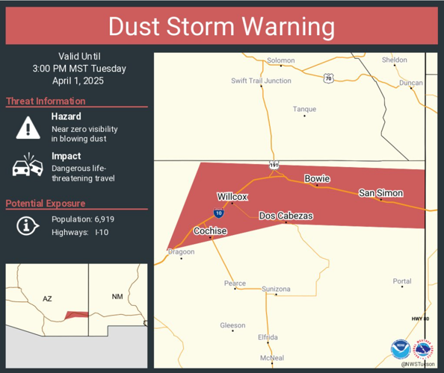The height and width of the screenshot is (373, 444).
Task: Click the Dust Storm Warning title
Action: pyautogui.click(x=221, y=26)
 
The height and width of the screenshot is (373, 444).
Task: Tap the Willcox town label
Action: pyautogui.click(x=232, y=196)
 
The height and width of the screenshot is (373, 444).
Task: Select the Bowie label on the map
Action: pyautogui.click(x=317, y=178)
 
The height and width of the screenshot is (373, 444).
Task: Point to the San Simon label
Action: pyautogui.click(x=380, y=193)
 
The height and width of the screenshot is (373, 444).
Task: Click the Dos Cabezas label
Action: pyautogui.click(x=286, y=216)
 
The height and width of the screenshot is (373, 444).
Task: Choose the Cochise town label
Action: pyautogui.click(x=210, y=231)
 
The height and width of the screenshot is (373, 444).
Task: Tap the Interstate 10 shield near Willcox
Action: pyautogui.click(x=218, y=213)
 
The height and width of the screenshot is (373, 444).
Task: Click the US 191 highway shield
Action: pyautogui.click(x=275, y=164)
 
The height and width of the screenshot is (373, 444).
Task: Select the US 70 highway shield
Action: pyautogui.click(x=328, y=77)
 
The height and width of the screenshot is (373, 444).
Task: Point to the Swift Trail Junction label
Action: pyautogui.click(x=261, y=81)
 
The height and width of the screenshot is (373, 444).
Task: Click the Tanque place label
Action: pyautogui.click(x=304, y=109)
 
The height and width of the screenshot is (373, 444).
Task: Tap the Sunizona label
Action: pyautogui.click(x=276, y=289)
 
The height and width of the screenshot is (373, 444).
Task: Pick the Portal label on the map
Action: pyautogui.click(x=401, y=281)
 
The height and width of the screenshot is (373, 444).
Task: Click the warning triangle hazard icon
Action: pyautogui.click(x=28, y=128)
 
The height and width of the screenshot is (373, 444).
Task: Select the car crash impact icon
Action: pyautogui.click(x=28, y=166)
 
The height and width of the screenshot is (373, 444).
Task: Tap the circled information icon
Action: pyautogui.click(x=28, y=225)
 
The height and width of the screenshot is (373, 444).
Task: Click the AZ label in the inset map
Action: pyautogui.click(x=47, y=298)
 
